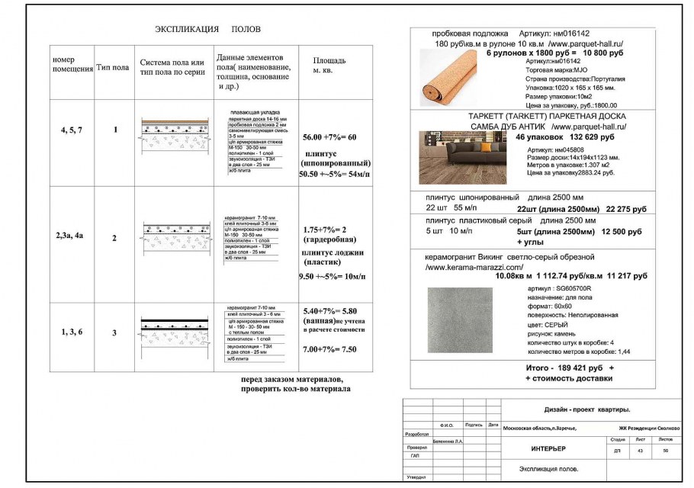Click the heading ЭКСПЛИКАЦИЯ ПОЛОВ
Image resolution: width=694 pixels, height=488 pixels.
point(207,29)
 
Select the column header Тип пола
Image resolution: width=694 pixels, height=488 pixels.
point(113,67)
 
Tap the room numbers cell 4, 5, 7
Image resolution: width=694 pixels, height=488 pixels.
point(71,130)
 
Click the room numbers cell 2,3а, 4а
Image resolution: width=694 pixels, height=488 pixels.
point(69,236)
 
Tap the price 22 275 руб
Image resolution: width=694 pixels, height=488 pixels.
point(626,209)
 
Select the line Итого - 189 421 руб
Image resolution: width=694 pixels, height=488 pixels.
point(564,368)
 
